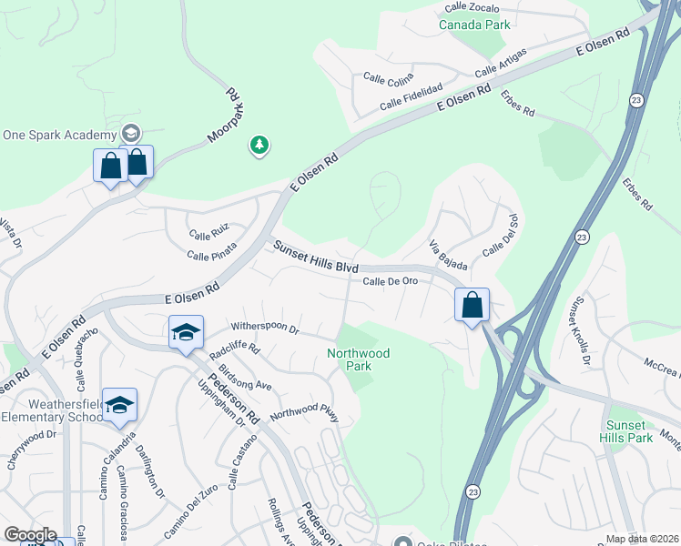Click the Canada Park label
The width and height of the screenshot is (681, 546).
[x=474, y=25]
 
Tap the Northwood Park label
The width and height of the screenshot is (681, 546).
[x=359, y=359]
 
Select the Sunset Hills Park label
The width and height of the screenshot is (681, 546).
[x=627, y=431]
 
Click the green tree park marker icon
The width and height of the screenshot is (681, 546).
[x=259, y=145]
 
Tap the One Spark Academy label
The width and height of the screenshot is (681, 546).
[x=60, y=135]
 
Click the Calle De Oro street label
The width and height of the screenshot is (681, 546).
[x=391, y=281]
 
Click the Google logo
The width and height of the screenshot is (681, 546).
[x=29, y=535]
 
